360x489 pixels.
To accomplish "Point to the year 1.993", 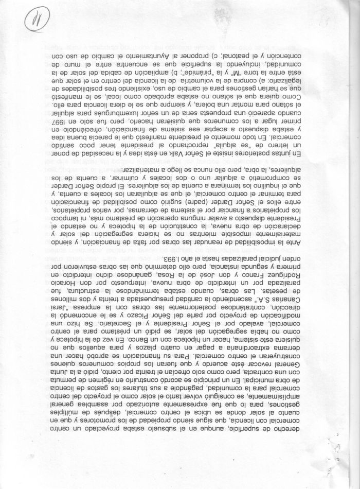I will [x=175, y=258].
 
